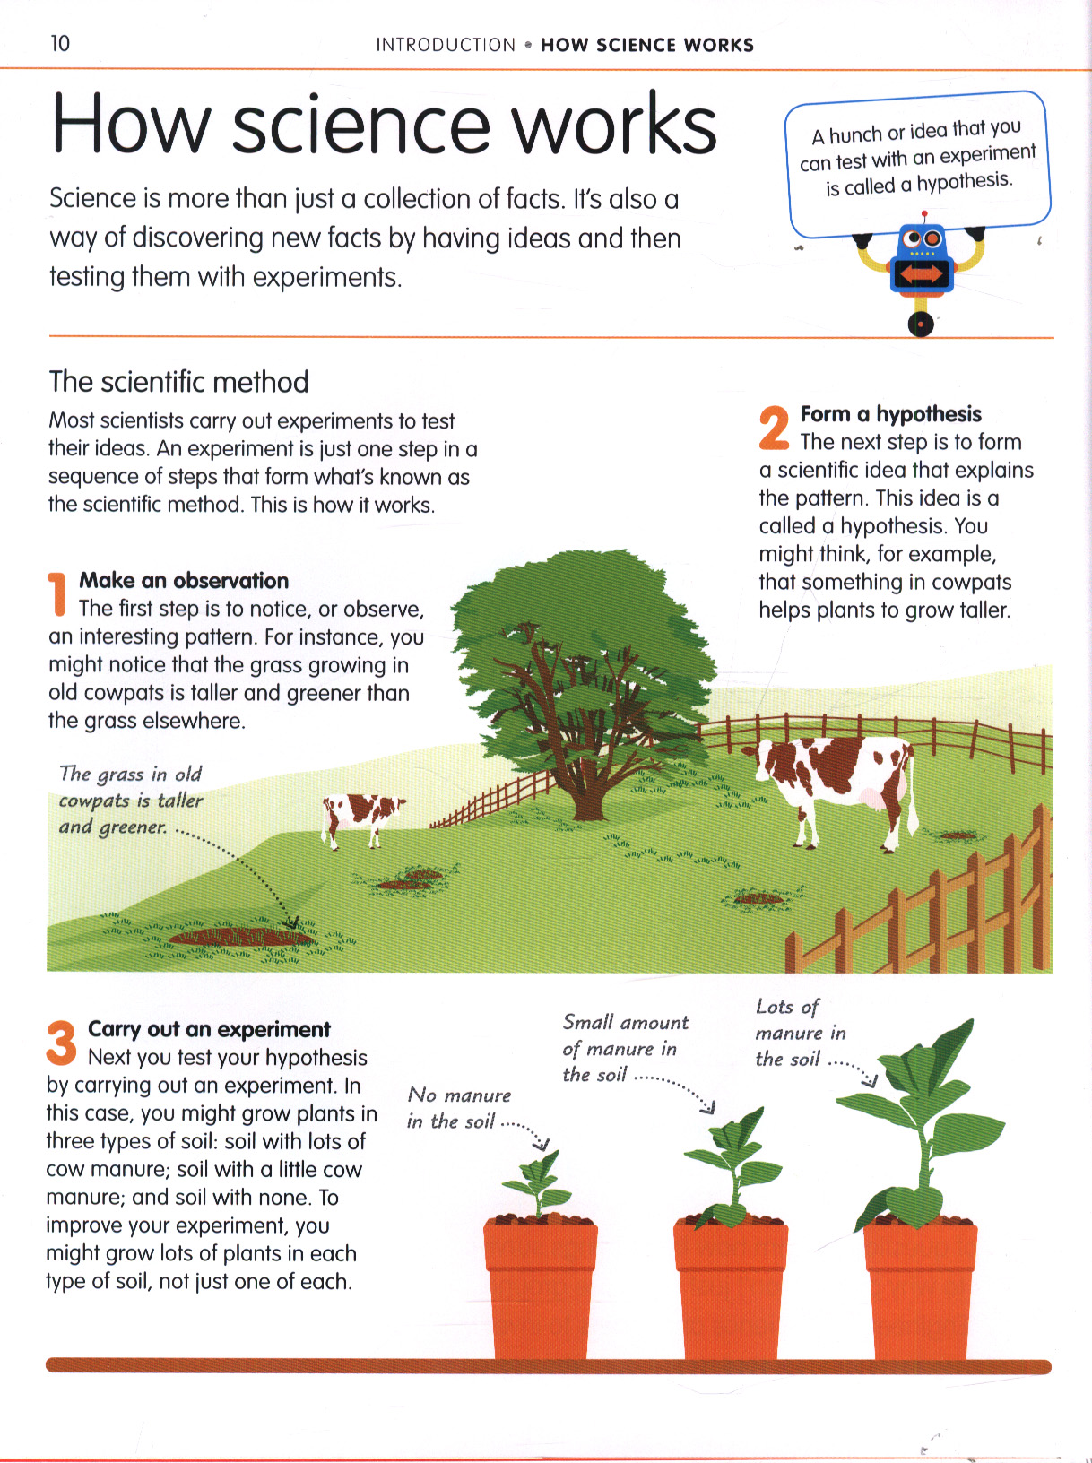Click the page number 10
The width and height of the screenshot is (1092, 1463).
click(60, 44)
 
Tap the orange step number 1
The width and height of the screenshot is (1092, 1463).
click(57, 593)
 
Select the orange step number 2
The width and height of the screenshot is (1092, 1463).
click(774, 428)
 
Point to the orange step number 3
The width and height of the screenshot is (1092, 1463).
click(61, 1042)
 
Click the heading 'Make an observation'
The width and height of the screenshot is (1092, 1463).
click(184, 581)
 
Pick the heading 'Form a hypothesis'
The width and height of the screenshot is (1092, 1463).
click(890, 414)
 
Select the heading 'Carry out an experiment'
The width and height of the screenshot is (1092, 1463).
click(209, 1029)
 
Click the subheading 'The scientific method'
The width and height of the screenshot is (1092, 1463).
click(178, 382)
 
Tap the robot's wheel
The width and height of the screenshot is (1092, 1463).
click(921, 324)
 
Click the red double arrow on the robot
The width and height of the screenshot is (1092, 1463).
click(922, 274)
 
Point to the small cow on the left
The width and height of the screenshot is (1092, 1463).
click(363, 819)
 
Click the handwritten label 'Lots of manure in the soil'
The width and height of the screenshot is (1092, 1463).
click(800, 1033)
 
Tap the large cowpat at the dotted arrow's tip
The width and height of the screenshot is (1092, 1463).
click(240, 937)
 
